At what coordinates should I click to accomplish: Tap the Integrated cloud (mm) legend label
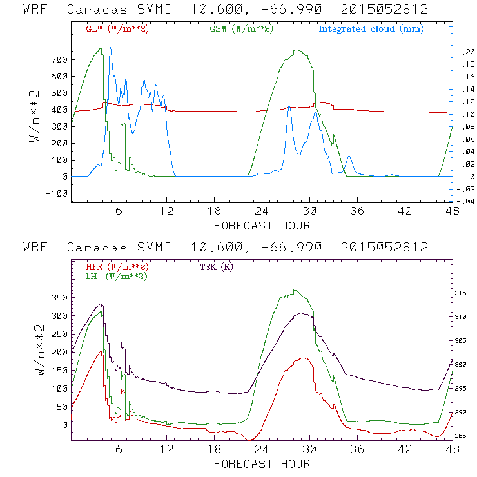371,29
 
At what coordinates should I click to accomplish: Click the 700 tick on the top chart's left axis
59,60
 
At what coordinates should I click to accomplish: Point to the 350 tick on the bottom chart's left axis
59,298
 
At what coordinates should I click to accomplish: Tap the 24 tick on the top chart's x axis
262,211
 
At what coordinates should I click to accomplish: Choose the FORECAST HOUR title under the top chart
262,226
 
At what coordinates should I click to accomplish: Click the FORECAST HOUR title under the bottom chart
262,463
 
